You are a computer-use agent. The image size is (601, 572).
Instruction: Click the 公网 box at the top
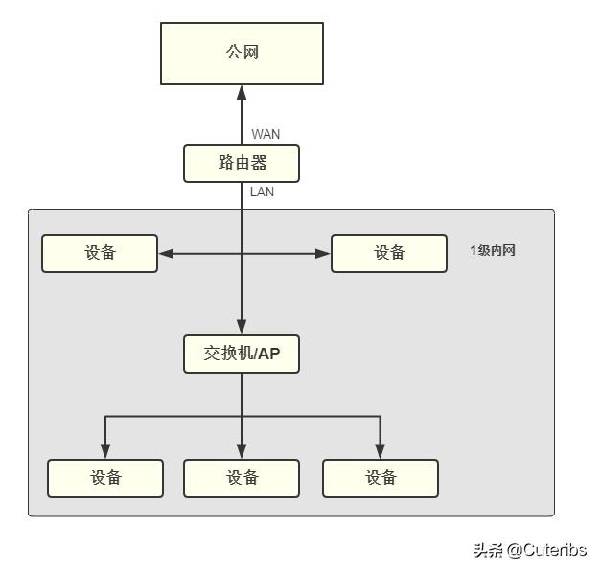coord(242,54)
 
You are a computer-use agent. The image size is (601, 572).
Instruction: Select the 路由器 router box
coord(242,163)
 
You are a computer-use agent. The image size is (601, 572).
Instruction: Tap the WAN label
coord(266,134)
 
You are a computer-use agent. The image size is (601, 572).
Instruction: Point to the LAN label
coord(262,192)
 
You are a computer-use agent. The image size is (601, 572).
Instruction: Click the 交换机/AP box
coord(242,354)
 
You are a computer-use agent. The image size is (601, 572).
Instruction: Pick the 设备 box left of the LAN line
coord(100,253)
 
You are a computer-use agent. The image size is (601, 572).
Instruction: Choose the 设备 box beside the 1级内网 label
coord(389,253)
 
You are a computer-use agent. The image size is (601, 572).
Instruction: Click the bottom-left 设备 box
coord(105,478)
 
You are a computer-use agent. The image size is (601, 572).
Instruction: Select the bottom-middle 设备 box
coord(242,478)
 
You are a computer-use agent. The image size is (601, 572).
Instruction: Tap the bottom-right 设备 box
coord(381,478)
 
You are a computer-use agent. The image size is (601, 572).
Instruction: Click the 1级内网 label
coord(493,251)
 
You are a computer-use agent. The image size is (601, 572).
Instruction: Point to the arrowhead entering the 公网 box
coord(242,92)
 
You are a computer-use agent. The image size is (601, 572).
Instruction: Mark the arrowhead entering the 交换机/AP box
coord(242,327)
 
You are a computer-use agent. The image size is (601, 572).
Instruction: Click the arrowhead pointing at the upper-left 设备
coord(166,253)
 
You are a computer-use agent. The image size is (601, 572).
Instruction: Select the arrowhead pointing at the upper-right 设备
coord(323,253)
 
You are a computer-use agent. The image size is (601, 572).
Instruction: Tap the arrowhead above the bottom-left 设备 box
coord(105,451)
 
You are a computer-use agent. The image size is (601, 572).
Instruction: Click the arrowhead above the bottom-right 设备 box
coord(381,451)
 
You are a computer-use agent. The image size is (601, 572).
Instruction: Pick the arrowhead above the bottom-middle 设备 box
coord(242,451)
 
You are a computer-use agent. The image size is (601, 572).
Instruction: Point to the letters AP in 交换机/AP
coord(268,354)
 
